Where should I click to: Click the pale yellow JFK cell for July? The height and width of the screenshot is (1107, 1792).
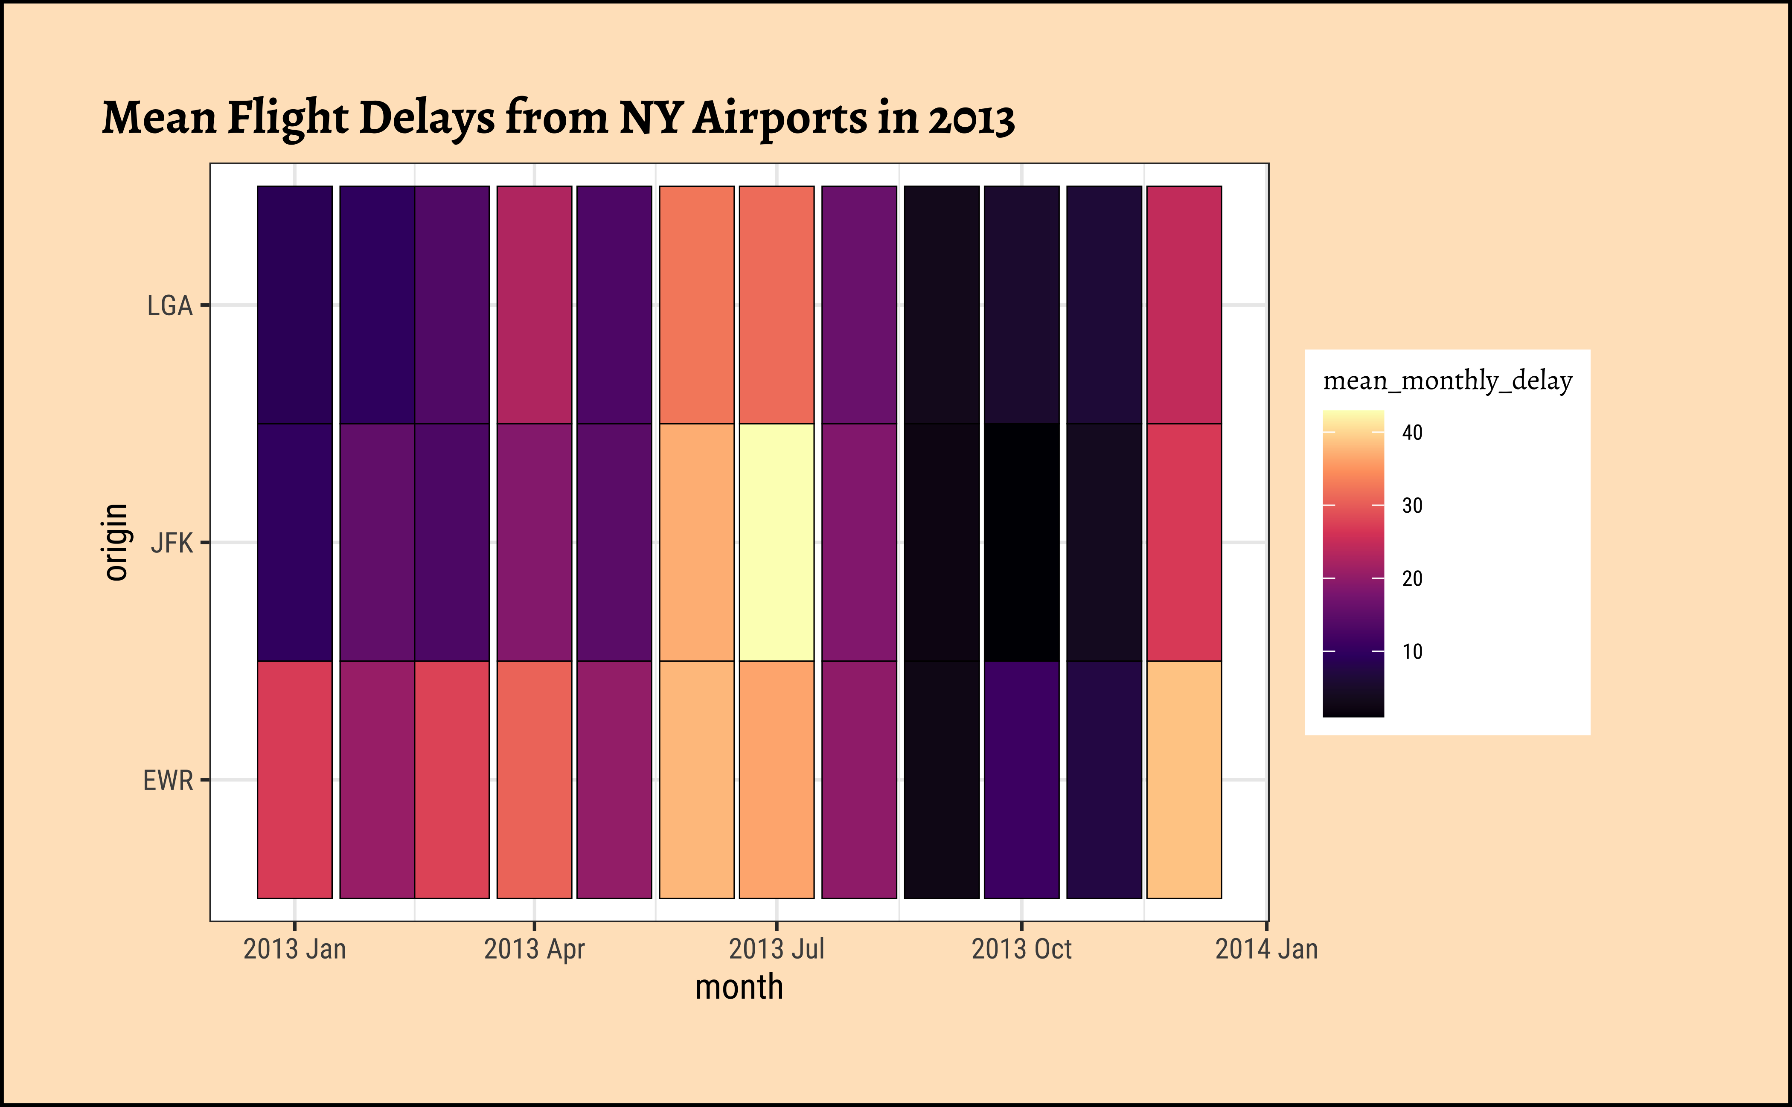[x=776, y=542]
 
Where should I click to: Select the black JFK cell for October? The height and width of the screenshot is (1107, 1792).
[x=1021, y=542]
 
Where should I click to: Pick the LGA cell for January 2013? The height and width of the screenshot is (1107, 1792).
[x=294, y=305]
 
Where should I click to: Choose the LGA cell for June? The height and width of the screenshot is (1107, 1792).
[x=696, y=305]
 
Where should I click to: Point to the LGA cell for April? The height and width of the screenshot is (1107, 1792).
[x=534, y=305]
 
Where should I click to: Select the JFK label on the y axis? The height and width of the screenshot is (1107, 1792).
[x=172, y=543]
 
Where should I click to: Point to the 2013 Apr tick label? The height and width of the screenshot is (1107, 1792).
[x=534, y=949]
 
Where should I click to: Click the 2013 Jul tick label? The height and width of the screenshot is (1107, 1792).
[x=776, y=949]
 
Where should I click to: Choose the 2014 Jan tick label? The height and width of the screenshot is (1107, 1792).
[x=1266, y=949]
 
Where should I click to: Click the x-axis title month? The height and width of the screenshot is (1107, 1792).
[x=739, y=987]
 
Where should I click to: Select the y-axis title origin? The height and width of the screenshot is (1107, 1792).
[x=116, y=542]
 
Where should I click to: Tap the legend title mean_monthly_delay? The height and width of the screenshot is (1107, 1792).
[x=1447, y=381]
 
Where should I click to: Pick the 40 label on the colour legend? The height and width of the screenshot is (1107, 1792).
[x=1412, y=432]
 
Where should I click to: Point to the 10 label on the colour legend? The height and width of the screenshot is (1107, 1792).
[x=1412, y=651]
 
